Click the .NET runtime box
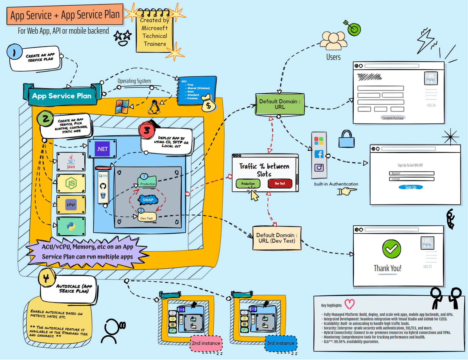(x=102, y=149)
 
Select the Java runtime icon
(x=71, y=162)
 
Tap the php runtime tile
(x=71, y=204)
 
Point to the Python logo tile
(x=71, y=226)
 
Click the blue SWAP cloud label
(x=148, y=200)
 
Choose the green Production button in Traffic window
(x=248, y=184)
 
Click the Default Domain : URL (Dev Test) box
(x=277, y=238)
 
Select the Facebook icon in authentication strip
(x=319, y=154)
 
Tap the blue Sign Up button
(x=411, y=187)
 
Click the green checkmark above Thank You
(x=391, y=249)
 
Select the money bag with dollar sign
(x=209, y=104)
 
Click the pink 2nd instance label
(x=206, y=343)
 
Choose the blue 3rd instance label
(x=281, y=343)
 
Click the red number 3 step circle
(x=147, y=130)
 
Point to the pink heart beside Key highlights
(x=350, y=304)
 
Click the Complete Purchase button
(x=393, y=118)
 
